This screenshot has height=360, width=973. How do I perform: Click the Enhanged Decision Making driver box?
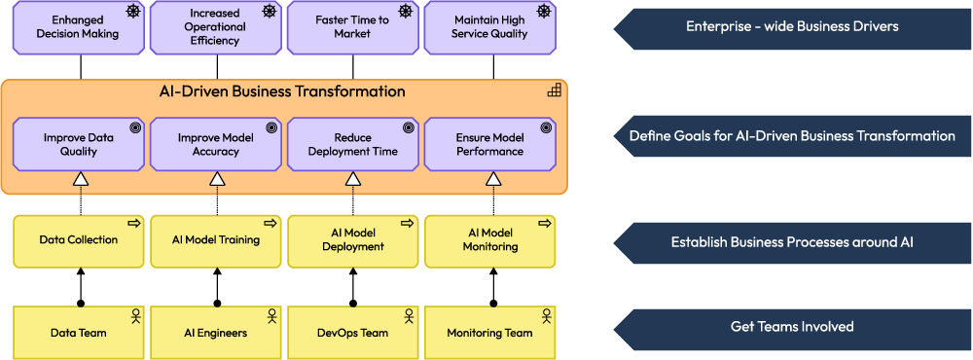[x=79, y=26]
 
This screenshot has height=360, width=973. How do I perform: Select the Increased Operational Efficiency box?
[x=216, y=26]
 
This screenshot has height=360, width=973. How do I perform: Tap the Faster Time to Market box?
[x=353, y=26]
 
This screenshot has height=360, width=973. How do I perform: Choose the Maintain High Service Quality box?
[x=490, y=26]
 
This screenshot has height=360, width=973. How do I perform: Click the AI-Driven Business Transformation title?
[x=282, y=91]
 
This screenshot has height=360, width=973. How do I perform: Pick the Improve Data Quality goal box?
[x=79, y=145]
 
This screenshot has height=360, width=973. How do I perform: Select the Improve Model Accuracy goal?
[x=216, y=145]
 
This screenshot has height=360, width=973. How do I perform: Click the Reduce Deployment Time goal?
[x=353, y=145]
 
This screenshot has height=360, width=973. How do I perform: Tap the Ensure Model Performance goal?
[x=490, y=145]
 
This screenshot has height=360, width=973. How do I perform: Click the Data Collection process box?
[x=79, y=240]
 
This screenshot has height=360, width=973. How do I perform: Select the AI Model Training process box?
[x=216, y=240]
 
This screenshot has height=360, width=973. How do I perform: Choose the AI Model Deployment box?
[x=353, y=240]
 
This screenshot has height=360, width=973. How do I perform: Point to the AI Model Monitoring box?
[x=490, y=240]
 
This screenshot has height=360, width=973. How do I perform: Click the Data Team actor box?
[x=79, y=333]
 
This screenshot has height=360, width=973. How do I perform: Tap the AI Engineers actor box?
[x=216, y=333]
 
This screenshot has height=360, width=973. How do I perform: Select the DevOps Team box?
[x=353, y=333]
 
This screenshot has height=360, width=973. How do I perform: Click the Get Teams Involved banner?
[x=791, y=327]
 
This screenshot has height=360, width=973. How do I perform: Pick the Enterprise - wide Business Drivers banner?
[x=791, y=26]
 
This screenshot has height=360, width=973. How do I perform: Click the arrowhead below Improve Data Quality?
[x=81, y=179]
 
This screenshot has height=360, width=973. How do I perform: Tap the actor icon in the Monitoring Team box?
[x=546, y=316]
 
